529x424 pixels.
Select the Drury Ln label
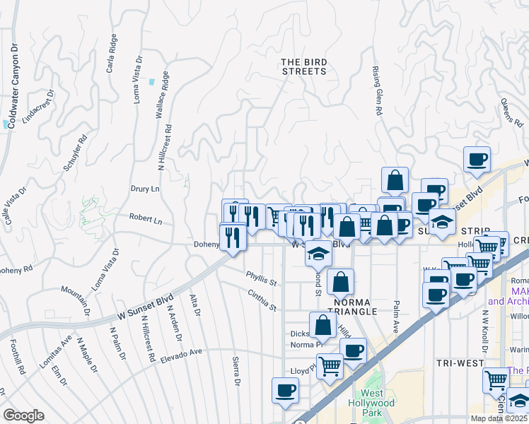click(x=146, y=189)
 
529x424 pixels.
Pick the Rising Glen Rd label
click(x=377, y=90)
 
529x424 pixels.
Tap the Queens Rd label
click(x=510, y=112)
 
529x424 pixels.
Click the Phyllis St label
click(x=261, y=278)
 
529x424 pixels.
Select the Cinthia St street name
click(x=261, y=300)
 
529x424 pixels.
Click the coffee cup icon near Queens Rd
click(x=477, y=158)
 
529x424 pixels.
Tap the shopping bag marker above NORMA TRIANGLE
click(x=340, y=280)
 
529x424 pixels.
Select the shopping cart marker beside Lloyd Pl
click(x=330, y=366)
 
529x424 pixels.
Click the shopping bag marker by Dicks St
click(x=322, y=324)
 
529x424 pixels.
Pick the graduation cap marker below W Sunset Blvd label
click(x=318, y=252)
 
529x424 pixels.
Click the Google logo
click(x=24, y=416)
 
